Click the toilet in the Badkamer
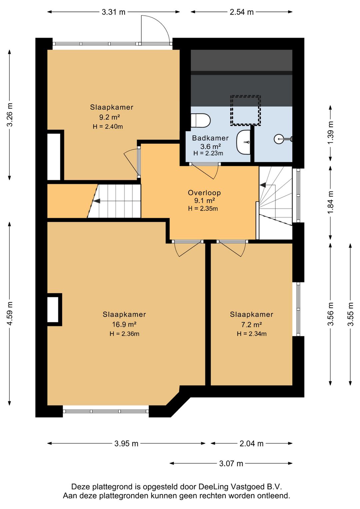tap(201, 120)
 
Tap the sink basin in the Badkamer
tap(243, 142)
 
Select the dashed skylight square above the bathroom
tap(245, 110)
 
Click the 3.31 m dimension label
tap(113, 12)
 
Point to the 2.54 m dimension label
tap(241, 12)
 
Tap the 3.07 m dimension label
tap(231, 463)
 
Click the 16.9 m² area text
tap(124, 324)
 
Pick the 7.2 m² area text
tap(251, 325)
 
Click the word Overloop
tap(204, 193)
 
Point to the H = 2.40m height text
tap(108, 126)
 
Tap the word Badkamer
tap(210, 138)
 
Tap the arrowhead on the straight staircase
tap(97, 201)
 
